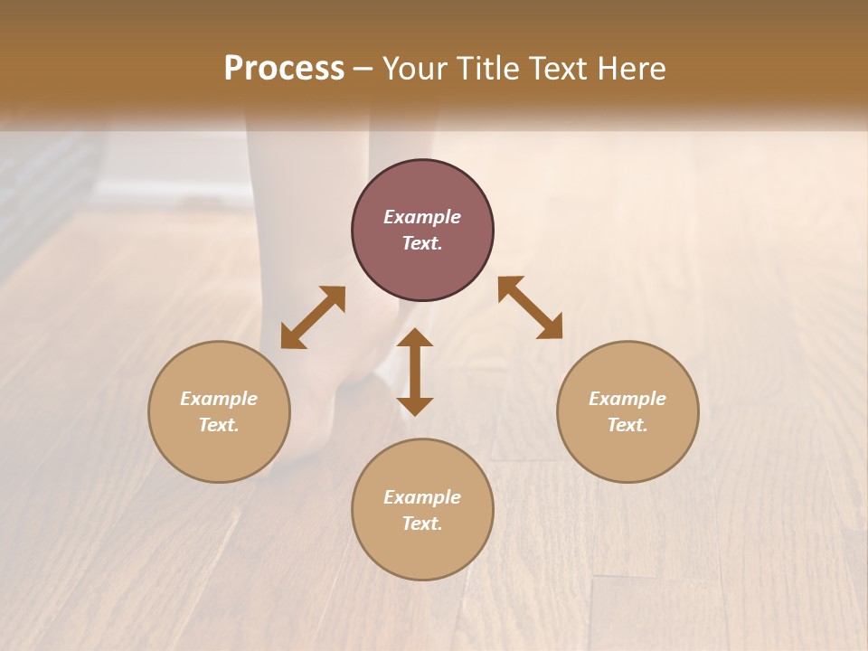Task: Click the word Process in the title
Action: click(284, 69)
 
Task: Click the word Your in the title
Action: click(417, 69)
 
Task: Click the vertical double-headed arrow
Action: click(415, 372)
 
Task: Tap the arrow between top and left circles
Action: click(313, 317)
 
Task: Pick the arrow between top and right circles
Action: click(530, 307)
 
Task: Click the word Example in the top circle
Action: click(422, 217)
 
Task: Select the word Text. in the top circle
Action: click(422, 243)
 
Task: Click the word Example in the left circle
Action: click(219, 399)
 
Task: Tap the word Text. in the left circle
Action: click(219, 425)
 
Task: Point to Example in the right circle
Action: click(627, 399)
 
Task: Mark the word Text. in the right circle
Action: click(627, 425)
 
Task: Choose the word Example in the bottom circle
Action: click(422, 497)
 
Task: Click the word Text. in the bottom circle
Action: click(422, 524)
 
